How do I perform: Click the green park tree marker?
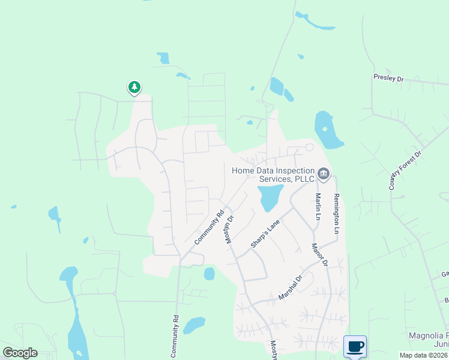click(x=134, y=88)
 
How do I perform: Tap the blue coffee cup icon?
click(x=354, y=346)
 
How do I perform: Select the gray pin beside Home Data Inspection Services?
click(x=324, y=174)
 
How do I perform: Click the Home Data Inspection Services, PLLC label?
click(x=273, y=175)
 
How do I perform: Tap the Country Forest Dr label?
click(x=405, y=171)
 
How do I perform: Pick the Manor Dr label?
click(x=319, y=254)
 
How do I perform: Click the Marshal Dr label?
click(x=293, y=287)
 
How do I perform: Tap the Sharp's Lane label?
click(x=266, y=233)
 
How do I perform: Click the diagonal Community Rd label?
click(x=209, y=226)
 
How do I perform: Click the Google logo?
click(x=20, y=353)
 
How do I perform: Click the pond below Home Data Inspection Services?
click(x=270, y=197)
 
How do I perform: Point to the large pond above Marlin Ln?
click(x=326, y=130)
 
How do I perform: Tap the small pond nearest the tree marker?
click(x=163, y=58)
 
